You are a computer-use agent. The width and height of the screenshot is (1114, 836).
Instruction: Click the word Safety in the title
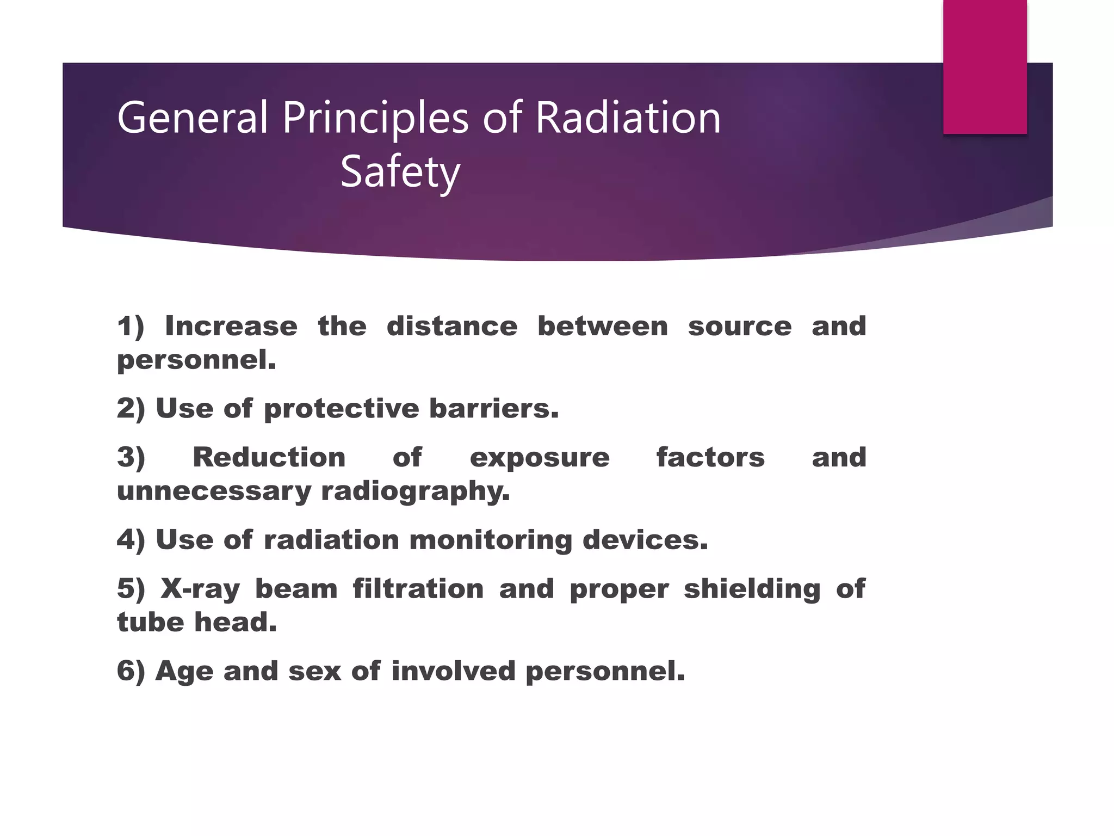(400, 172)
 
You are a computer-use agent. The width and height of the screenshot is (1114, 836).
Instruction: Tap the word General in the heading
(193, 118)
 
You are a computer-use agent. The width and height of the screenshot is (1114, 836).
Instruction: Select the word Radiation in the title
(628, 118)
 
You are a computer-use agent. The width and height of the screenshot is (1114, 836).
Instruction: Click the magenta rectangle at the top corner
(985, 66)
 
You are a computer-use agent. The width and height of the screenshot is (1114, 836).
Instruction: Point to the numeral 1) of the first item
(131, 327)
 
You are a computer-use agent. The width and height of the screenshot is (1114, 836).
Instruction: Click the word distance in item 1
(451, 327)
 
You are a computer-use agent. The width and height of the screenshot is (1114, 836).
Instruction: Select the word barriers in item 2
(493, 409)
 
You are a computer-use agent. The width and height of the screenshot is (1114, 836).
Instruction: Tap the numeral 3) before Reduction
(131, 458)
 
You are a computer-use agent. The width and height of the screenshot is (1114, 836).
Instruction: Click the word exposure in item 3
(539, 458)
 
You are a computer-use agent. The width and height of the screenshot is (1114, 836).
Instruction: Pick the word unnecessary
(213, 491)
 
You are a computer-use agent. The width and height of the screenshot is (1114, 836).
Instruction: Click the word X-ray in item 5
(200, 589)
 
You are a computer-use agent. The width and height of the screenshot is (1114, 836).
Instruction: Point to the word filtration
(418, 589)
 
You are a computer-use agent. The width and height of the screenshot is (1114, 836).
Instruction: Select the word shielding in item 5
(752, 589)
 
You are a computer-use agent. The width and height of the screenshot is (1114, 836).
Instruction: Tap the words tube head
(196, 622)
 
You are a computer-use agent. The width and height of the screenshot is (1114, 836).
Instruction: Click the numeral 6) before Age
(131, 671)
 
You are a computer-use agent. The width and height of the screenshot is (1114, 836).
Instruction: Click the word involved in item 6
(453, 671)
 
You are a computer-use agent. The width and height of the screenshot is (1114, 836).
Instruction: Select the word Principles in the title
(375, 118)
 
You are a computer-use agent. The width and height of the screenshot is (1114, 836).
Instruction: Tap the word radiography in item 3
(415, 491)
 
